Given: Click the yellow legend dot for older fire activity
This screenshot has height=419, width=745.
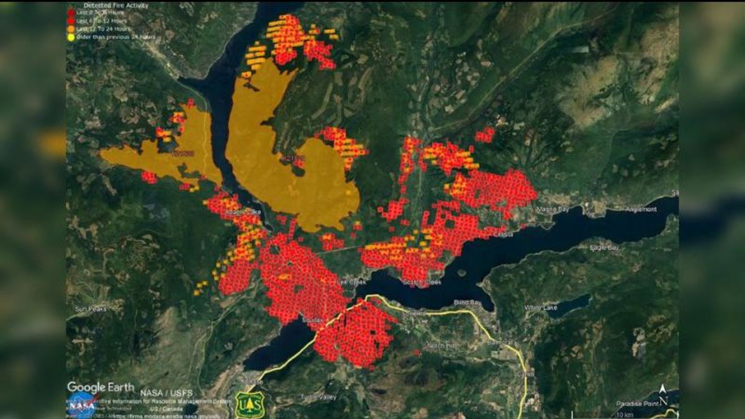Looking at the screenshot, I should pyautogui.click(x=71, y=37).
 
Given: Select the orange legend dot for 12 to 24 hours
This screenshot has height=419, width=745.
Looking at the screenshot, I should pyautogui.click(x=71, y=29).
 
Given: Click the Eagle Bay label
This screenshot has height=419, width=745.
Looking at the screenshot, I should pyautogui.click(x=604, y=248).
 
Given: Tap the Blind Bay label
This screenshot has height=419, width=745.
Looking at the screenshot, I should pyautogui.click(x=467, y=302).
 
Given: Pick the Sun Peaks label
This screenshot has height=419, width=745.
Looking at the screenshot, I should pyautogui.click(x=90, y=309).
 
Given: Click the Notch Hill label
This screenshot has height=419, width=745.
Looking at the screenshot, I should pyautogui.click(x=441, y=345).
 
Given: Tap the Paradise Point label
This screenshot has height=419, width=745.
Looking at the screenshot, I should pyautogui.click(x=636, y=403).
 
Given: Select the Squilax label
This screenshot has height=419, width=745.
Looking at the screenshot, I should pyautogui.click(x=312, y=319).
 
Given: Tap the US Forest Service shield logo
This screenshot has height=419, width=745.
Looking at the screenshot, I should pyautogui.click(x=250, y=404).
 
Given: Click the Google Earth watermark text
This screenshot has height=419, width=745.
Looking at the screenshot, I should pyautogui.click(x=100, y=387).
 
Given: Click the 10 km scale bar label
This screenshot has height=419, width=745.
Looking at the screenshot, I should pyautogui.click(x=624, y=414).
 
